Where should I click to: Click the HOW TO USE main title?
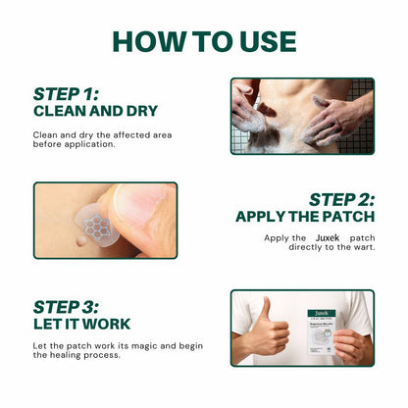204,40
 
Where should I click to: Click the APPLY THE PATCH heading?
305,217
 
